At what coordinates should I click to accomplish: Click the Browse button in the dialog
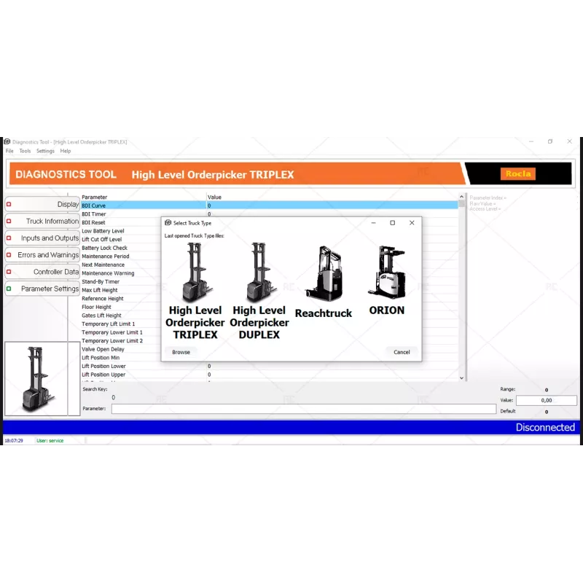[x=181, y=352]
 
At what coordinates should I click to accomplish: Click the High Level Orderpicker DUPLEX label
[x=259, y=322]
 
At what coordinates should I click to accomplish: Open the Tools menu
[x=25, y=151]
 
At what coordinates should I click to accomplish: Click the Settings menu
[x=45, y=151]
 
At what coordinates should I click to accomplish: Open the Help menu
[x=66, y=151]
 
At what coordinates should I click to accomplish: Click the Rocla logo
[x=518, y=173]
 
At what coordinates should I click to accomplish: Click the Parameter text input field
[x=303, y=409]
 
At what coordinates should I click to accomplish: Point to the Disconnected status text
[x=545, y=428]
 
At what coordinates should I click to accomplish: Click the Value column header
[x=214, y=197]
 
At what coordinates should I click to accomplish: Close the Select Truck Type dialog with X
[x=412, y=223]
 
